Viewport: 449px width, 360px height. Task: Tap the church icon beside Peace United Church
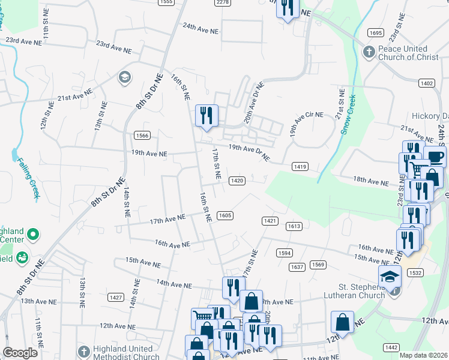click(x=370, y=52)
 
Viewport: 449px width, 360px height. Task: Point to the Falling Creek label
click(x=28, y=177)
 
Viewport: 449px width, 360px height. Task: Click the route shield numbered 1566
click(x=142, y=136)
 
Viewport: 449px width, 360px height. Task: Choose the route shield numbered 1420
click(x=237, y=181)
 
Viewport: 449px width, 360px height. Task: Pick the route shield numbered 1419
click(x=300, y=166)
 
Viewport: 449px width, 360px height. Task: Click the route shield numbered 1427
click(x=116, y=298)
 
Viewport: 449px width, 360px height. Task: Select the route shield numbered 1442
click(x=391, y=347)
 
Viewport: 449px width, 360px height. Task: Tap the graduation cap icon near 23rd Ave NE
click(x=125, y=76)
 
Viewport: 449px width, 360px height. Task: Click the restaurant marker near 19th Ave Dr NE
click(x=206, y=115)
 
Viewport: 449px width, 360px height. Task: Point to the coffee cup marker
click(x=435, y=158)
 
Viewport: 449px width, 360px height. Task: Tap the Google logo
click(x=20, y=353)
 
